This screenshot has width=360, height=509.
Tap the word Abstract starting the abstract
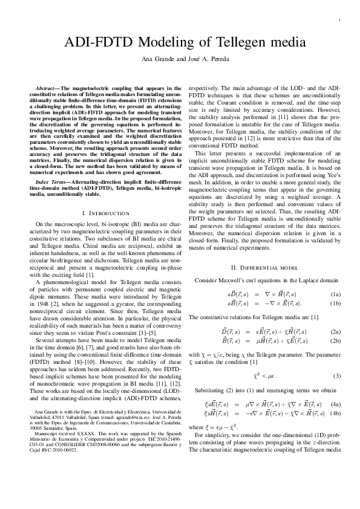(47, 87)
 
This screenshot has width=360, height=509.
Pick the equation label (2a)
(336, 332)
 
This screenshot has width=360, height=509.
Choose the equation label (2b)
(336, 342)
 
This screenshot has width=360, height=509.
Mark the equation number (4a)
(336, 404)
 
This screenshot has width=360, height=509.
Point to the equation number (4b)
(336, 413)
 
